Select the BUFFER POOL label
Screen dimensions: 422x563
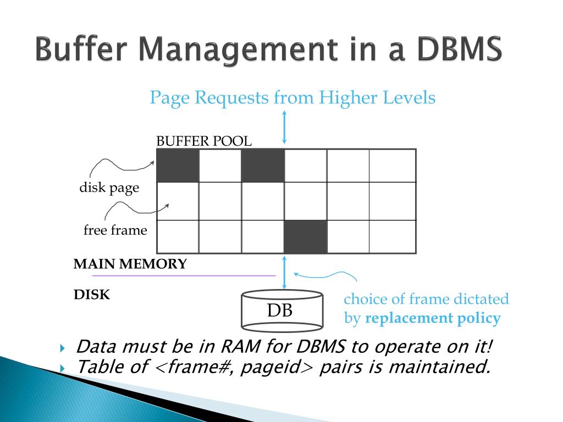(x=203, y=141)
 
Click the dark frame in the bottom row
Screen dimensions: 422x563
(x=305, y=237)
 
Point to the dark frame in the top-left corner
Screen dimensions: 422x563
(x=178, y=165)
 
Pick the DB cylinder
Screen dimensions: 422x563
(x=281, y=311)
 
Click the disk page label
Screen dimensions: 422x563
(x=109, y=188)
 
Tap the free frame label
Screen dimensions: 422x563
(x=115, y=230)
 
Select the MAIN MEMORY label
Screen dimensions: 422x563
(x=130, y=264)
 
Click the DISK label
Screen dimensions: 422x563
(x=92, y=295)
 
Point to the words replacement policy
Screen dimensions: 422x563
(x=433, y=318)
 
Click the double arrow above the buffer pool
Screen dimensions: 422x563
(x=284, y=127)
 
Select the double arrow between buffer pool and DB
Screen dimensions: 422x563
(x=284, y=272)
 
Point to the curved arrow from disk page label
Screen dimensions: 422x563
(x=121, y=163)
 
